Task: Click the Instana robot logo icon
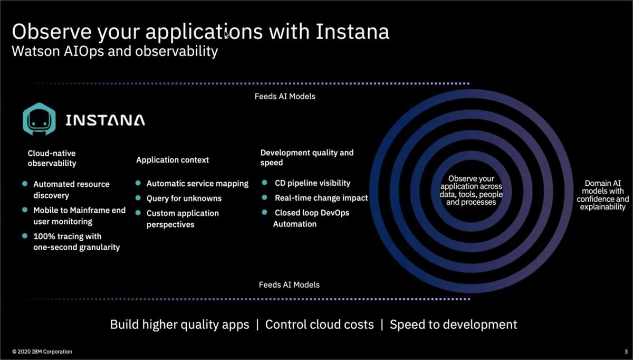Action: [x=39, y=119]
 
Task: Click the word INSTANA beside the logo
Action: [x=105, y=120]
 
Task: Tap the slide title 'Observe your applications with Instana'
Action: [x=200, y=32]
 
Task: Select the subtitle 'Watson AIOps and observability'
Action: [x=115, y=52]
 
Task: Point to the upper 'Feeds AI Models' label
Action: [x=285, y=97]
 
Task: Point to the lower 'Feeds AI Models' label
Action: [x=289, y=285]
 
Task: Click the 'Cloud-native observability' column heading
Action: [x=52, y=158]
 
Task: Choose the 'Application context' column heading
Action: [x=172, y=160]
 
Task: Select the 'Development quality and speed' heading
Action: [x=306, y=157]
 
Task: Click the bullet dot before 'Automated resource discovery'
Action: [x=25, y=184]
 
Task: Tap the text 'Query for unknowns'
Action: [x=184, y=198]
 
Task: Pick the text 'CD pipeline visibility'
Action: [x=312, y=183]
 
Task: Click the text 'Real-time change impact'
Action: [x=321, y=198]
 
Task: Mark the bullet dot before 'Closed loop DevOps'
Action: [x=264, y=212]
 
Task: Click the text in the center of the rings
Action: [x=471, y=191]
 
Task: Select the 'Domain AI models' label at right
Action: [x=602, y=195]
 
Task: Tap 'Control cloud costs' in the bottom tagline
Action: [x=319, y=325]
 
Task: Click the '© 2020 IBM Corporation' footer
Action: [x=42, y=352]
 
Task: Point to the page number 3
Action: [x=619, y=352]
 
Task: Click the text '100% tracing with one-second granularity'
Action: [x=76, y=242]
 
